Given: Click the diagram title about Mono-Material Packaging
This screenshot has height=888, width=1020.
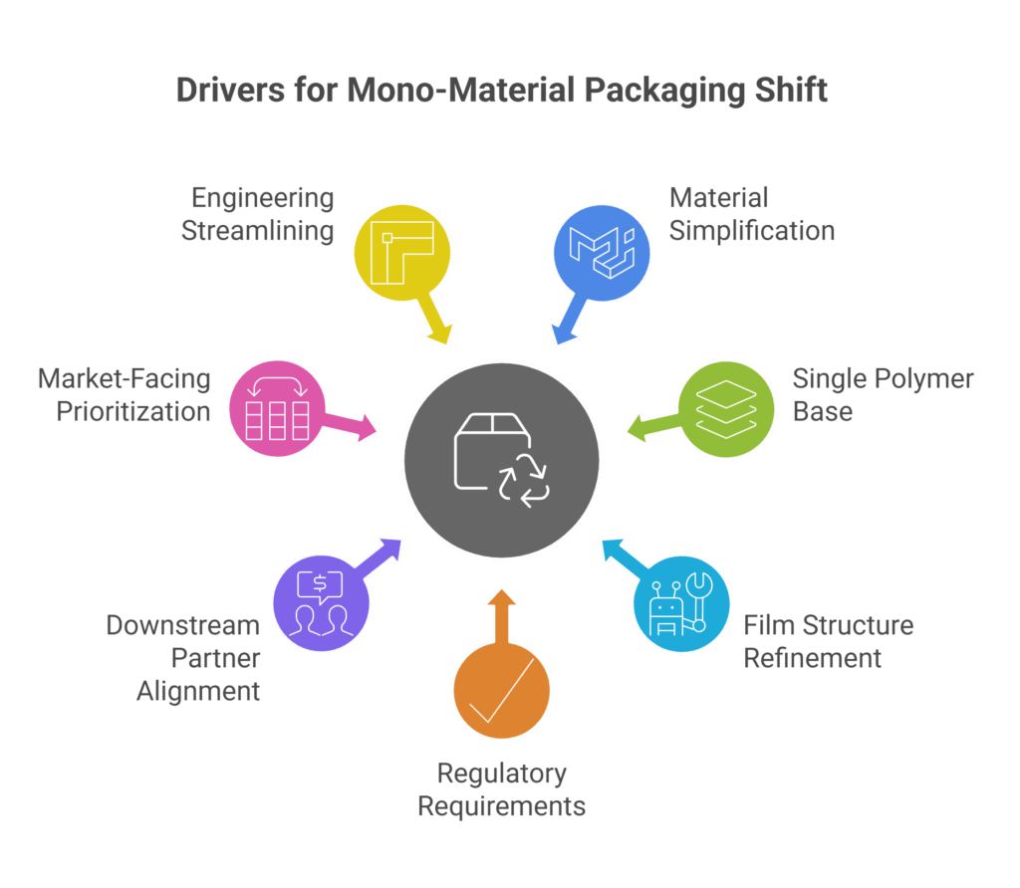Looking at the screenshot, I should click(x=502, y=91).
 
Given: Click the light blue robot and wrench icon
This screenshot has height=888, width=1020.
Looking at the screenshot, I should click(x=682, y=605).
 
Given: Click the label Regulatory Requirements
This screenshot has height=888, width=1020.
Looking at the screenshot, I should click(x=501, y=788).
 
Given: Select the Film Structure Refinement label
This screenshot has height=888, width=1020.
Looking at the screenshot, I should click(x=828, y=641).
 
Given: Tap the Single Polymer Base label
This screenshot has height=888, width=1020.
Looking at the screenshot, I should click(x=883, y=394).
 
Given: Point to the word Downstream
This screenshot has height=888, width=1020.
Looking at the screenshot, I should click(x=183, y=625).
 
